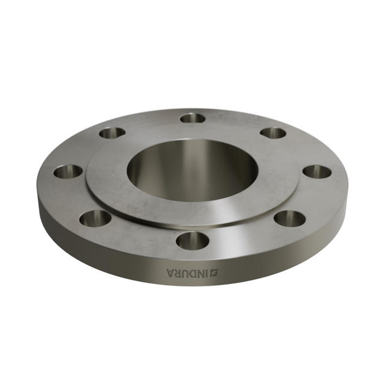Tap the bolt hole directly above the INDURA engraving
192,241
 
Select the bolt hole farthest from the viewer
192,118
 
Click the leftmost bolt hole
67,171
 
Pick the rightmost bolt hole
317,171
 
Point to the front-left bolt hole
95,218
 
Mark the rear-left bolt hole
112,132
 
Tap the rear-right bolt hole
273,132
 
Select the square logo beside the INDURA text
214,274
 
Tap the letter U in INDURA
186,274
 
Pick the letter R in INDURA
179,274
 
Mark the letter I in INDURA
207,274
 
